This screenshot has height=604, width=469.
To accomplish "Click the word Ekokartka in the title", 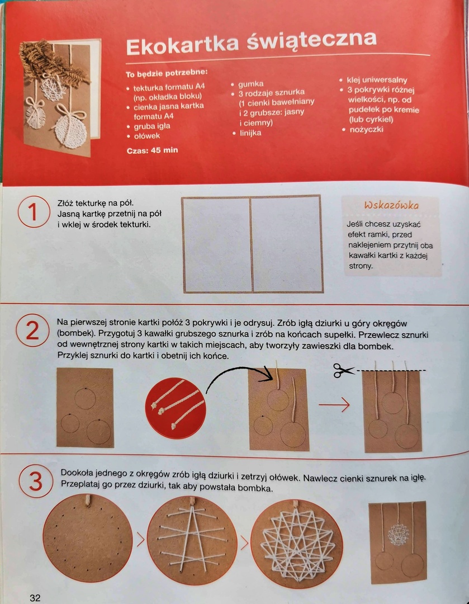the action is coord(183,45).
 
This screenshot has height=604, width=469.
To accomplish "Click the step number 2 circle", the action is coord(32,331).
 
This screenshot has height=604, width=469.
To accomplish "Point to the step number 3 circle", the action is coord(36,481).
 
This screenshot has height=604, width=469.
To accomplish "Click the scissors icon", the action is coord(343,371).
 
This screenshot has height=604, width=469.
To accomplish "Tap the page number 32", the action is coord(35,597).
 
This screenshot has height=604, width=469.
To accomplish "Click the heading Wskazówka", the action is coord(391,205).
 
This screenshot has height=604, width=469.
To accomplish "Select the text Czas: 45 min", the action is coord(153,150).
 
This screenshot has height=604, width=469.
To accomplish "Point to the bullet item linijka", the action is coord(247,133).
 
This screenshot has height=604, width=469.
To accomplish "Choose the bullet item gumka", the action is coord(247,83).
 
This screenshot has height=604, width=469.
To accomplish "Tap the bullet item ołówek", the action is coord(143,136).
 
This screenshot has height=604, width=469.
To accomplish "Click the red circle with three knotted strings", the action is coord(176,409).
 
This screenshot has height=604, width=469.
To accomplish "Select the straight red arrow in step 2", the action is coord(334,404).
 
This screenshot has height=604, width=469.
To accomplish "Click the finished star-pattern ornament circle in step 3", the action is coord(297,544).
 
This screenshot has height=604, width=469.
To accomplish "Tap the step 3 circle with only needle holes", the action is coord(88,539).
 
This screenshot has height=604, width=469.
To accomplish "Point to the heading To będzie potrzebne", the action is coord(167,73).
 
